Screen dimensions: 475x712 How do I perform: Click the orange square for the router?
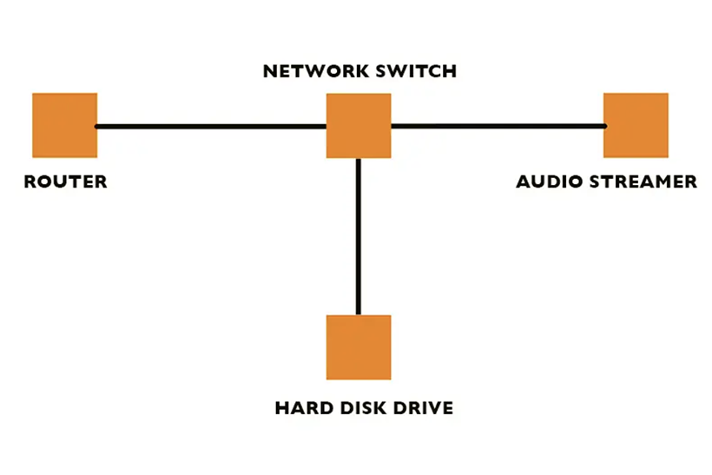[x=64, y=125]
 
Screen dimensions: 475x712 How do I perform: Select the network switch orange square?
[x=358, y=125]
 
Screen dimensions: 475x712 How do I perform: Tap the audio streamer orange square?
[x=636, y=125]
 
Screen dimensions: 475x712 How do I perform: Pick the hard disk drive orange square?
[x=358, y=347]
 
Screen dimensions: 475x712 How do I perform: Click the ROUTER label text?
[x=65, y=182]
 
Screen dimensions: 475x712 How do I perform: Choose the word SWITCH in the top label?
[x=415, y=71]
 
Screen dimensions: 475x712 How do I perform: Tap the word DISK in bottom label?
[x=357, y=407]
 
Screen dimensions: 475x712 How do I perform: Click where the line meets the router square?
[x=96, y=127]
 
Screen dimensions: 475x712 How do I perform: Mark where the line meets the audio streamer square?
[x=604, y=126]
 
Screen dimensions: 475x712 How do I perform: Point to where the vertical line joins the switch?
[x=358, y=159]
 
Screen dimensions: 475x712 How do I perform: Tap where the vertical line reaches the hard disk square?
[x=358, y=314]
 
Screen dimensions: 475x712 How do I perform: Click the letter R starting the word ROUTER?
[x=30, y=182]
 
